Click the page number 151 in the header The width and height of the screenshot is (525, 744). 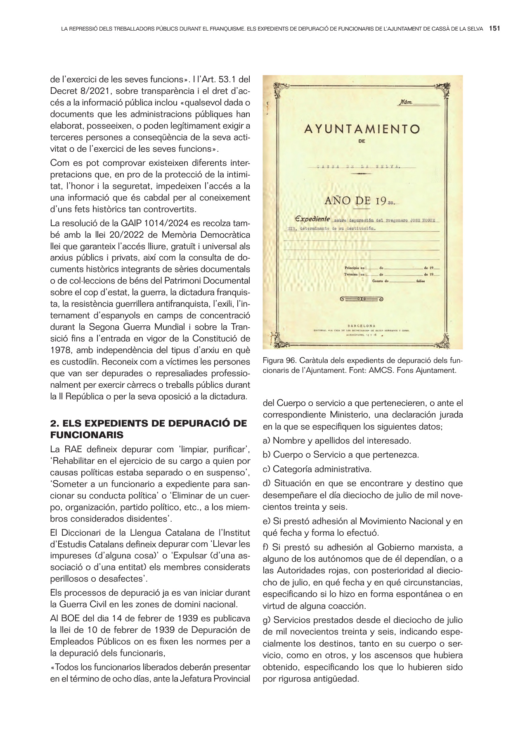point(494,29)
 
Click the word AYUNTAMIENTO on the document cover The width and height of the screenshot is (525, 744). point(362,129)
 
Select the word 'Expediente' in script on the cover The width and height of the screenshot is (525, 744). point(312,219)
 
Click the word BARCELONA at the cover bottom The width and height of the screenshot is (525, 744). point(362,326)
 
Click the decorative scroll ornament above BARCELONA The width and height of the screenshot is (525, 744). point(362,299)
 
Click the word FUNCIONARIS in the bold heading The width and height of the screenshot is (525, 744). point(87,435)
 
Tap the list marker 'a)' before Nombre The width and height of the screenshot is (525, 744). point(267,441)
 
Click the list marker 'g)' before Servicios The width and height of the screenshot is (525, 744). point(267,620)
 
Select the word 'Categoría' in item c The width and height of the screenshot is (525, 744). point(291,469)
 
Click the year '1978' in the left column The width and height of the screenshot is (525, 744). point(61,350)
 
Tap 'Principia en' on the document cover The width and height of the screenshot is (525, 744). point(355,268)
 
